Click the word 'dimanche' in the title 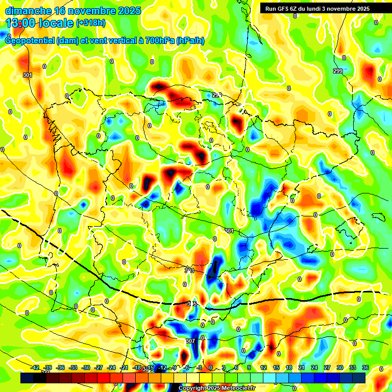tap(28, 11)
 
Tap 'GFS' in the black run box tap(284, 8)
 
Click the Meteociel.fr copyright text tap(216, 388)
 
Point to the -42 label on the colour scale tap(35, 368)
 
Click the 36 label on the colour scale tap(365, 368)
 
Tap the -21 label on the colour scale tap(124, 368)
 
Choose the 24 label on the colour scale tap(314, 368)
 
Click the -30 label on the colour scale tap(86, 368)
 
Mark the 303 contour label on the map tap(189, 270)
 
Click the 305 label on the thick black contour tap(192, 304)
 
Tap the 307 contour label tap(190, 341)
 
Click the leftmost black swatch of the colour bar tap(27, 378)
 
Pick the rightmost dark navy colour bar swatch tap(359, 378)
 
